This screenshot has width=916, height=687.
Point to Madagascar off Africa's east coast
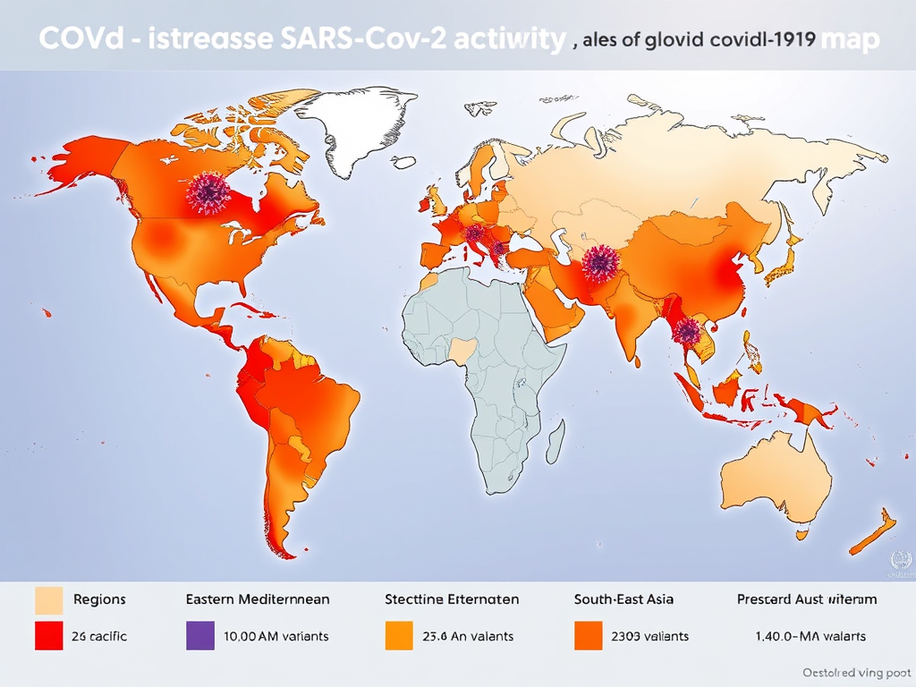pyautogui.click(x=555, y=439)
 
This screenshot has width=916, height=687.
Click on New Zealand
pyautogui.click(x=872, y=533)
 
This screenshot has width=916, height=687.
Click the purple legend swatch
pyautogui.click(x=200, y=636)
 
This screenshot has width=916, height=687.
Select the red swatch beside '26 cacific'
pyautogui.click(x=48, y=636)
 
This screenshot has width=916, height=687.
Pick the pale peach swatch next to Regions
pyautogui.click(x=48, y=599)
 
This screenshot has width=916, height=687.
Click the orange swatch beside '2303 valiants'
pyautogui.click(x=587, y=636)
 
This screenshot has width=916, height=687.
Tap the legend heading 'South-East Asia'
pyautogui.click(x=623, y=599)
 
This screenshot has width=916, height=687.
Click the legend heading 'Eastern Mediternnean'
pyautogui.click(x=258, y=599)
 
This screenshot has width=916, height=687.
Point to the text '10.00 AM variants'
pyautogui.click(x=276, y=636)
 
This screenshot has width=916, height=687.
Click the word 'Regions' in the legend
pyautogui.click(x=99, y=599)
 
